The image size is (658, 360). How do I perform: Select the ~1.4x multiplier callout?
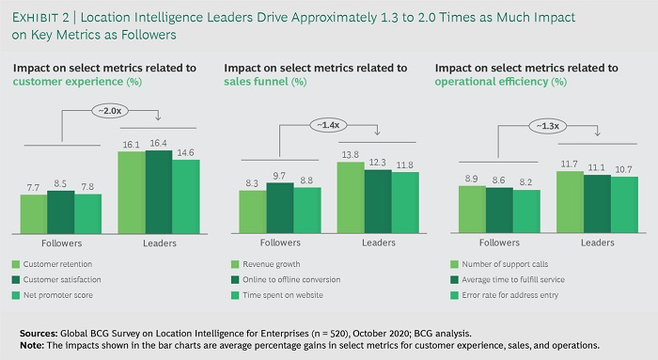click(329, 123)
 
